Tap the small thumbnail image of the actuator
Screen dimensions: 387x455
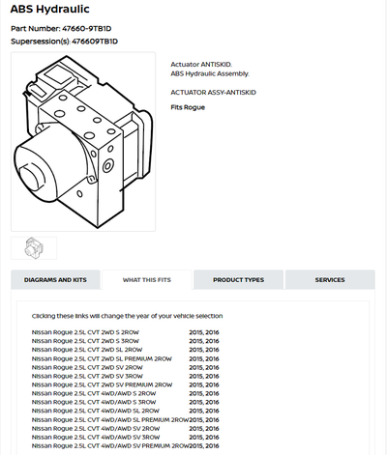point(34,247)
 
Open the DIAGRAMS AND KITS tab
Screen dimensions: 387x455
point(55,280)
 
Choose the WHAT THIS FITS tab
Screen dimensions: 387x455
point(146,280)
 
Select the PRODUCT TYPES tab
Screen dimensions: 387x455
point(238,280)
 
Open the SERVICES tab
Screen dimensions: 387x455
point(329,280)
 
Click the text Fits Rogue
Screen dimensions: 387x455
point(190,107)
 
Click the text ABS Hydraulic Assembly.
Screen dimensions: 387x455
point(209,72)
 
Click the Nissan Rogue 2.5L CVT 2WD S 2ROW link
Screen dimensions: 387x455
point(86,332)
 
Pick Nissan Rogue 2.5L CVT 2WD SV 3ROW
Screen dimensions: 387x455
point(88,376)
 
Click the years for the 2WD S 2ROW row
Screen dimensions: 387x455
point(204,332)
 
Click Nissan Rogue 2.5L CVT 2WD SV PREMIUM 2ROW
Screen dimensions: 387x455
point(103,384)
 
